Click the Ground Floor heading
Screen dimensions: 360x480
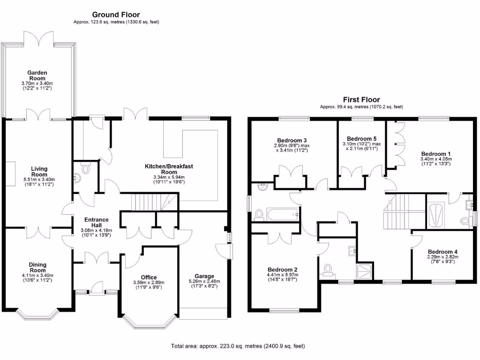tap(116, 15)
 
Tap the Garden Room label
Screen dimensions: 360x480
tap(37, 75)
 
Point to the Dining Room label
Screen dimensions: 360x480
tap(37, 267)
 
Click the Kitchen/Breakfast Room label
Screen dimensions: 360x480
tap(175, 169)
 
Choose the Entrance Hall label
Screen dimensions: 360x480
tap(96, 223)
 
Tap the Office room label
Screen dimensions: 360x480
tap(149, 277)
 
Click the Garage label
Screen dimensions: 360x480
tap(204, 276)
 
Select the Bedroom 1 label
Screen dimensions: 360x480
tap(435, 154)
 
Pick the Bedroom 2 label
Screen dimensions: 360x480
tap(282, 270)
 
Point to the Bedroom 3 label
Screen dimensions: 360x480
tap(292, 140)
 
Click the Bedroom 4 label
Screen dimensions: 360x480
tap(442, 252)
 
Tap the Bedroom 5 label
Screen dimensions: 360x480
tap(362, 138)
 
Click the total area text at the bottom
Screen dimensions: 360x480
tap(238, 346)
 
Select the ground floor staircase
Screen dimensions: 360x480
tap(149, 203)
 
